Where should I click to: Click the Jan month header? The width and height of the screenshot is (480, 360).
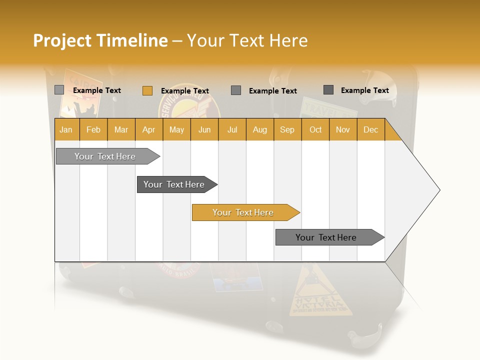(x=66, y=130)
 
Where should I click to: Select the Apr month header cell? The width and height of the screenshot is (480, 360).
(x=148, y=130)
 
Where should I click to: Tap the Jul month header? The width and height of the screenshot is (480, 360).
(x=232, y=130)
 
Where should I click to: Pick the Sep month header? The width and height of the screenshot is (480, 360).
(x=287, y=130)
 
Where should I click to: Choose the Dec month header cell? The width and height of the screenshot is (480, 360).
(x=370, y=130)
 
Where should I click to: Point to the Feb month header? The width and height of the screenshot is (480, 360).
(x=93, y=130)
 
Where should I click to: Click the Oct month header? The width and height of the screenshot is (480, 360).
(x=315, y=130)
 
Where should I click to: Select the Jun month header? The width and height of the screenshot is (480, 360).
(x=204, y=130)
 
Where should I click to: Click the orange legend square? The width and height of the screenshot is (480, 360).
(x=147, y=90)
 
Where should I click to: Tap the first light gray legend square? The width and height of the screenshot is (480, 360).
(x=59, y=90)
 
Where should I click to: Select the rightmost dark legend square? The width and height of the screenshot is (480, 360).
(x=328, y=90)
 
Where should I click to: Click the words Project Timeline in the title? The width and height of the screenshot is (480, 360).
(x=100, y=40)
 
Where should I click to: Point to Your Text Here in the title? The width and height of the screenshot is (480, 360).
(x=247, y=40)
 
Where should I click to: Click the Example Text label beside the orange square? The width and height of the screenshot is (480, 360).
(x=185, y=91)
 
